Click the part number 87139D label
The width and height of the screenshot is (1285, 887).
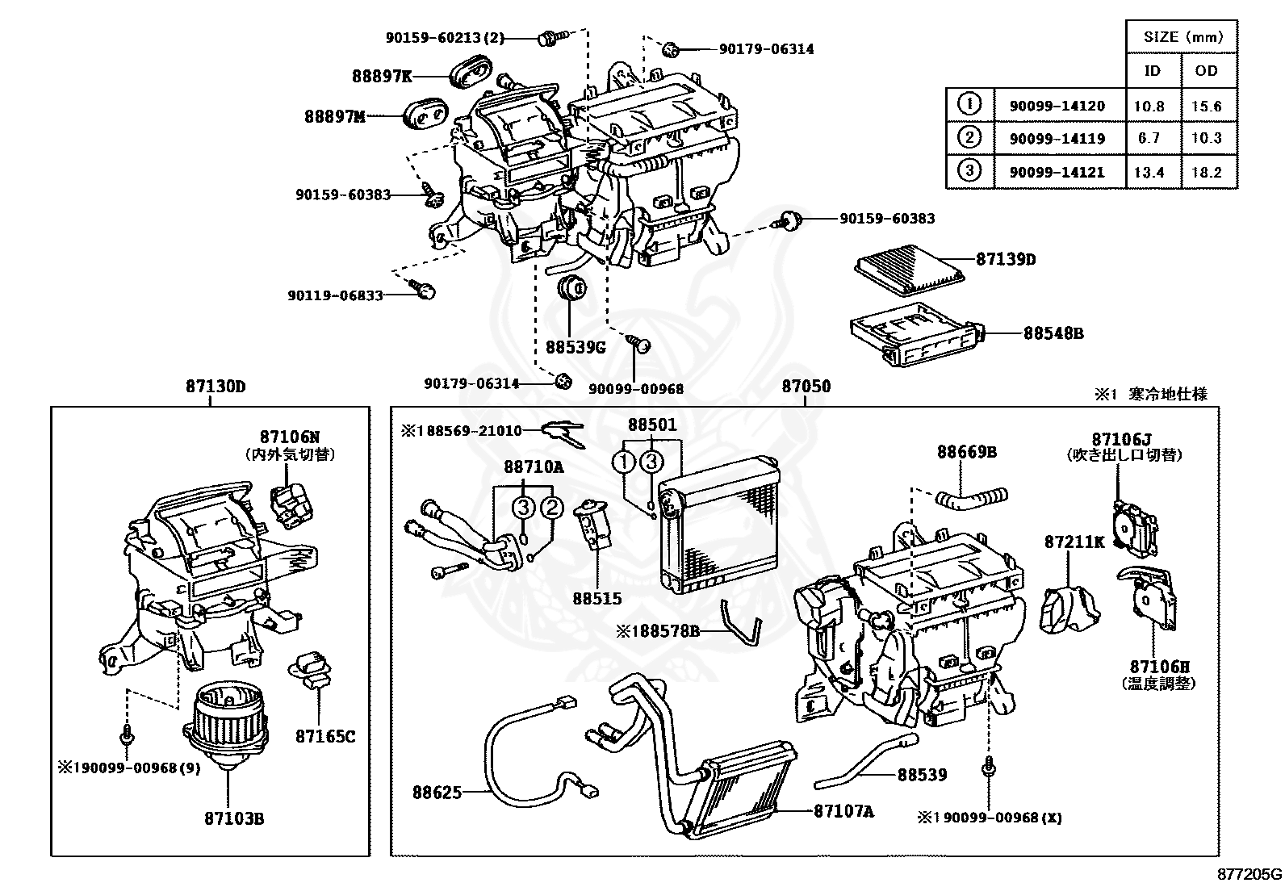(1006, 259)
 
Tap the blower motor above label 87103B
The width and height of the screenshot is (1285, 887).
(225, 727)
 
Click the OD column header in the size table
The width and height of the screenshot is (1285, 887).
(1206, 70)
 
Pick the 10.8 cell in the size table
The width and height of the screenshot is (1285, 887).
(1149, 107)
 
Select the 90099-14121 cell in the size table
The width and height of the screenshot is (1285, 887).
(1057, 172)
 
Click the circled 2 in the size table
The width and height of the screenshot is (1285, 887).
(969, 137)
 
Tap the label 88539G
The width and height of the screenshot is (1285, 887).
(576, 347)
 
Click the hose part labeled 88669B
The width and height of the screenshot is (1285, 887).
(971, 498)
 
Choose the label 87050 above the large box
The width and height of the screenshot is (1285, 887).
(806, 386)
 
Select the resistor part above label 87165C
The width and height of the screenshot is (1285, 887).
(310, 670)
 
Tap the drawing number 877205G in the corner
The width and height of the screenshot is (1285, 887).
(1249, 874)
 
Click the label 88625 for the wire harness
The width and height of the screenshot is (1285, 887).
(437, 793)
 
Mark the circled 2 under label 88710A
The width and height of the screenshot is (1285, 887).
(552, 507)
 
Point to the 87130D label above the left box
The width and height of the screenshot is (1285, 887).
(216, 386)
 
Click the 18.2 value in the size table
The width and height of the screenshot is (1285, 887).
(1207, 172)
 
